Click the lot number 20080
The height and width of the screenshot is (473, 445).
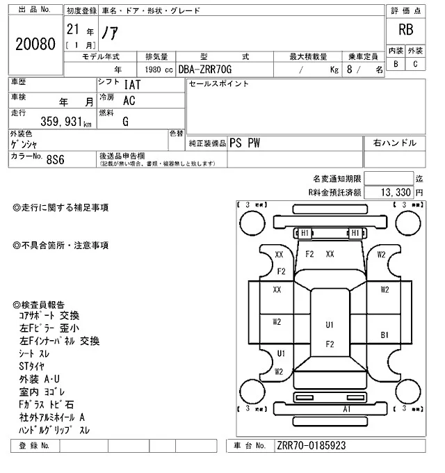35,44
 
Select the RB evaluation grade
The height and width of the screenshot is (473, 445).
405,30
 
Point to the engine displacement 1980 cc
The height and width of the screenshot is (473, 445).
158,70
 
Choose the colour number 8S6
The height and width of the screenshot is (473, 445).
55,159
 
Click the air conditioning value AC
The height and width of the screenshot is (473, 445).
129,101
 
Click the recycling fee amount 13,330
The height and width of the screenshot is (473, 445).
394,191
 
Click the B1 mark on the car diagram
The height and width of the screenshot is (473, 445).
384,335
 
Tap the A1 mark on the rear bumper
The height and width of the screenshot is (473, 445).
326,409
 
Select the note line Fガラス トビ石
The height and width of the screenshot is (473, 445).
47,404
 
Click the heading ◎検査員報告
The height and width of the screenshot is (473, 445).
39,305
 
